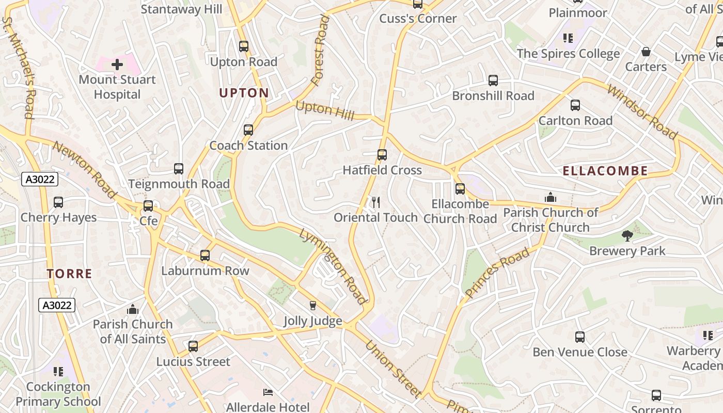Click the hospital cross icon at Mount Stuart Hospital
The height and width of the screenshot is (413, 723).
click(117, 65)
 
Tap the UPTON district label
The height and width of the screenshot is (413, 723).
click(244, 93)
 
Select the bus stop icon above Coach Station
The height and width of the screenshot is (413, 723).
click(248, 130)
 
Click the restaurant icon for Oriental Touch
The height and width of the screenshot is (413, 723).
click(376, 202)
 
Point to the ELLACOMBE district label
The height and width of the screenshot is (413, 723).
click(605, 171)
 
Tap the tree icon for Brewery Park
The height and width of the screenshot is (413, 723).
click(627, 236)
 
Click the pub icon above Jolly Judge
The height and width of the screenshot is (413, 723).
click(312, 306)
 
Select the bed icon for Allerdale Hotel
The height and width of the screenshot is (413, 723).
click(268, 392)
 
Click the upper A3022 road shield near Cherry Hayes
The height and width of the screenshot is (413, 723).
click(40, 179)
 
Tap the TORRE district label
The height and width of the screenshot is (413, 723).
click(69, 274)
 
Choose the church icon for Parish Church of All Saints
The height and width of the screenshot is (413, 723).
click(133, 309)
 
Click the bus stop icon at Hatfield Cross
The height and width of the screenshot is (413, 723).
click(382, 155)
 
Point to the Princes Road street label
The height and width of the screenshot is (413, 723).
click(497, 273)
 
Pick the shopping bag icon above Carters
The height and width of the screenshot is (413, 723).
click(646, 52)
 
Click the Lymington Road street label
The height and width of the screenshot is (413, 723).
click(333, 266)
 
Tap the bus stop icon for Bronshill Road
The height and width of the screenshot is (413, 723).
click(493, 81)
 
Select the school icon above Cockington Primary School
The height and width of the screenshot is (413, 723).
click(58, 371)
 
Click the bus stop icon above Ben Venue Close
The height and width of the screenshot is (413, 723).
click(580, 337)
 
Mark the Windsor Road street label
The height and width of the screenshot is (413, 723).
click(642, 113)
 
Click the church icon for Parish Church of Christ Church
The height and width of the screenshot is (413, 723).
click(551, 197)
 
